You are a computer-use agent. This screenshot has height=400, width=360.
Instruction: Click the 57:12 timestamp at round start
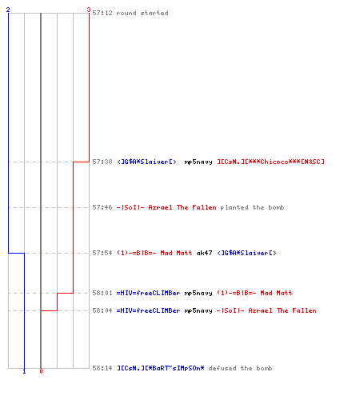pyautogui.click(x=102, y=13)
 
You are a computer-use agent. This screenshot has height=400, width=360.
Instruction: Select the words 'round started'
pyautogui.click(x=142, y=13)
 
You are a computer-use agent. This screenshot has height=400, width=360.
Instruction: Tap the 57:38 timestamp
pyautogui.click(x=102, y=162)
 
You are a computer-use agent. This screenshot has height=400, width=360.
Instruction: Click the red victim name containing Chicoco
pyautogui.click(x=270, y=162)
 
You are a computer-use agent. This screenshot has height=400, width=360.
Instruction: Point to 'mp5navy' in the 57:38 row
pyautogui.click(x=198, y=162)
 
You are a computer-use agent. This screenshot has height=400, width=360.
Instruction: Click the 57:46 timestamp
pyautogui.click(x=102, y=207)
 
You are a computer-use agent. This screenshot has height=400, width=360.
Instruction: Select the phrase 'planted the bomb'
pyautogui.click(x=252, y=207)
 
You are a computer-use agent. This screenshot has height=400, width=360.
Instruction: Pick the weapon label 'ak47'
pyautogui.click(x=204, y=253)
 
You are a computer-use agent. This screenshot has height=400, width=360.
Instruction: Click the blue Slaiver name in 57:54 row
pyautogui.click(x=246, y=253)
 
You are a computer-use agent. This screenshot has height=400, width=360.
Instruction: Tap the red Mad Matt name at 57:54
pyautogui.click(x=154, y=253)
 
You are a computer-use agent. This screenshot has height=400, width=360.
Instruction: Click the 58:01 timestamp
pyautogui.click(x=102, y=293)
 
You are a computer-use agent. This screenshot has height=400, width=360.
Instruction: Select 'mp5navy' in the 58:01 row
pyautogui.click(x=198, y=293)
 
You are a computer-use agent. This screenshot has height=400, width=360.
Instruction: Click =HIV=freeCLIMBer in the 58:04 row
pyautogui.click(x=148, y=310)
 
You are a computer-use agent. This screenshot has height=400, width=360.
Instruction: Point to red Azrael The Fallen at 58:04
pyautogui.click(x=266, y=310)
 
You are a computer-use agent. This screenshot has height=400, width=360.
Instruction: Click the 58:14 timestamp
pyautogui.click(x=102, y=368)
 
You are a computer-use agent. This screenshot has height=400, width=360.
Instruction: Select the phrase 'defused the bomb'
pyautogui.click(x=240, y=368)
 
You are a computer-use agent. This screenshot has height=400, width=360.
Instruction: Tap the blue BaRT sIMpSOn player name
pyautogui.click(x=161, y=368)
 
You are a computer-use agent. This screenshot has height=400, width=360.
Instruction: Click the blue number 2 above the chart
pyautogui.click(x=8, y=10)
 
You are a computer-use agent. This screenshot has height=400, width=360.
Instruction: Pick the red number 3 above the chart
pyautogui.click(x=89, y=10)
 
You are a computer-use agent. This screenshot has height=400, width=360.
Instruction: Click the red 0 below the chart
pyautogui.click(x=41, y=371)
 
